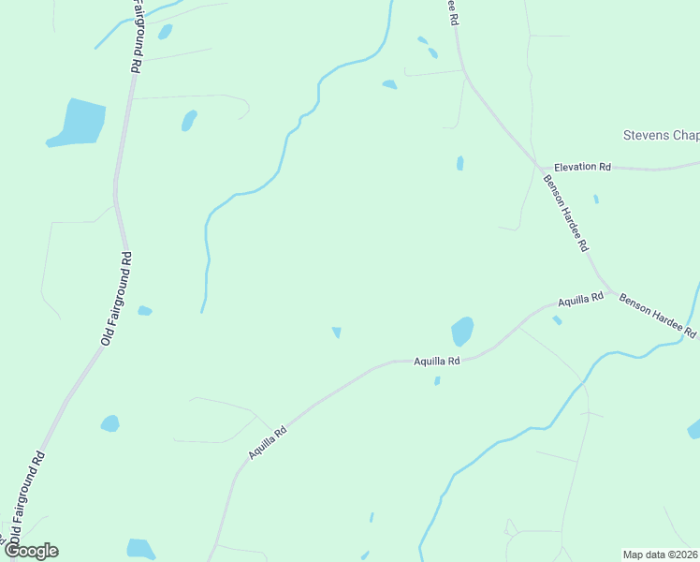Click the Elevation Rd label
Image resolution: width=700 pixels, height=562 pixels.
[581, 166]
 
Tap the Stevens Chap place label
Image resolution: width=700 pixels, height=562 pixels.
[661, 136]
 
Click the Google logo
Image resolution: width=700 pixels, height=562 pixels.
[31, 551]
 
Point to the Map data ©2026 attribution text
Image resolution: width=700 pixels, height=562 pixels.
[661, 555]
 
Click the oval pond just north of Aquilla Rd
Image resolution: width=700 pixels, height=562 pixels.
[462, 331]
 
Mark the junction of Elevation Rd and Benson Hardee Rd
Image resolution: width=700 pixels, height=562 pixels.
[540, 169]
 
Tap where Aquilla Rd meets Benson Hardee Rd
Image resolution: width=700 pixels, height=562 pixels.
[610, 291]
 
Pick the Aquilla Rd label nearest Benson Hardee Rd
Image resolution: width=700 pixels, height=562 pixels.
[580, 301]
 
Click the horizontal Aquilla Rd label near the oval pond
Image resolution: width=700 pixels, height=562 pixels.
[437, 361]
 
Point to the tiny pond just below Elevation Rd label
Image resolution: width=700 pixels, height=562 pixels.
[595, 199]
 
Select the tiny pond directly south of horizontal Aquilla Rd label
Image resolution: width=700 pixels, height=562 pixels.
[437, 380]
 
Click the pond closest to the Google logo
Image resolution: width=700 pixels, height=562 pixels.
[140, 548]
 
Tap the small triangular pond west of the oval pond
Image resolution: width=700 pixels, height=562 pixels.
[336, 332]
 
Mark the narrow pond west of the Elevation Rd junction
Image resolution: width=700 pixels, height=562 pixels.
[459, 163]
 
